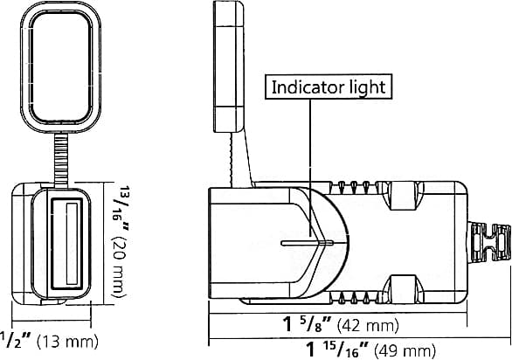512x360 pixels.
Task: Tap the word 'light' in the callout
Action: (x=364, y=87)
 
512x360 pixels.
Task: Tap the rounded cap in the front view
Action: (x=60, y=66)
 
